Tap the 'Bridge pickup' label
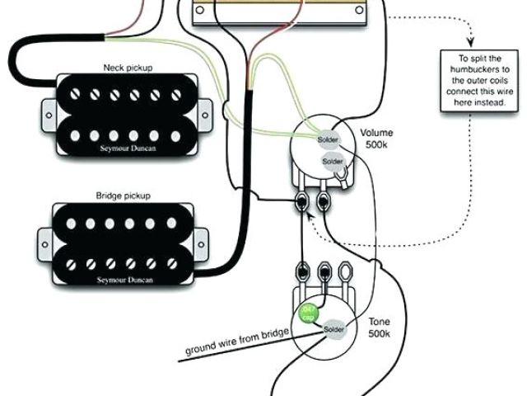point(128,196)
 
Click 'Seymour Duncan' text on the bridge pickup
point(128,280)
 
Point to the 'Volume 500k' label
point(376,139)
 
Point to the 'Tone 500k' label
point(378,328)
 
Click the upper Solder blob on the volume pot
point(328,140)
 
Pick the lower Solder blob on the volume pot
point(333,160)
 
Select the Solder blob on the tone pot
point(333,329)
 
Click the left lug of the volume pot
point(304,200)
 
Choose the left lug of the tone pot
point(302,271)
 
